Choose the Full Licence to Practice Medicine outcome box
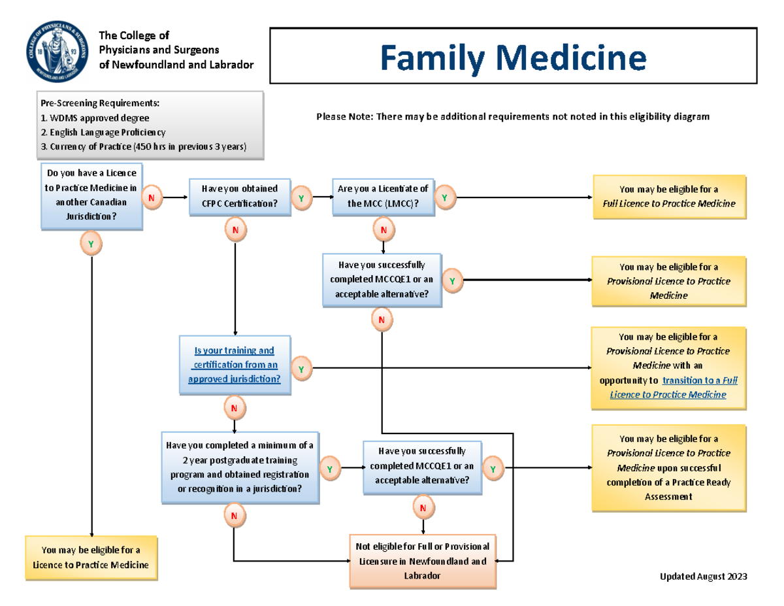(x=669, y=196)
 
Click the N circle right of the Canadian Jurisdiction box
(x=152, y=197)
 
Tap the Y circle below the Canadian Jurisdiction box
(x=91, y=244)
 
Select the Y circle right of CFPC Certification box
(x=301, y=197)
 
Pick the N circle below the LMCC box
(x=384, y=229)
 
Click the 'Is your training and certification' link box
(x=235, y=365)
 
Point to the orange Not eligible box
(x=422, y=561)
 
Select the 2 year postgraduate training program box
(x=240, y=467)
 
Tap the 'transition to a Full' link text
(x=700, y=380)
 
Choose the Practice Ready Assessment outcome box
(x=669, y=467)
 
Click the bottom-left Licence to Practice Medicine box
(x=91, y=557)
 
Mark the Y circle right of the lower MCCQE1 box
(x=493, y=469)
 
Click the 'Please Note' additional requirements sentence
(x=512, y=116)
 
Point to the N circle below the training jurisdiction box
(x=234, y=409)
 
